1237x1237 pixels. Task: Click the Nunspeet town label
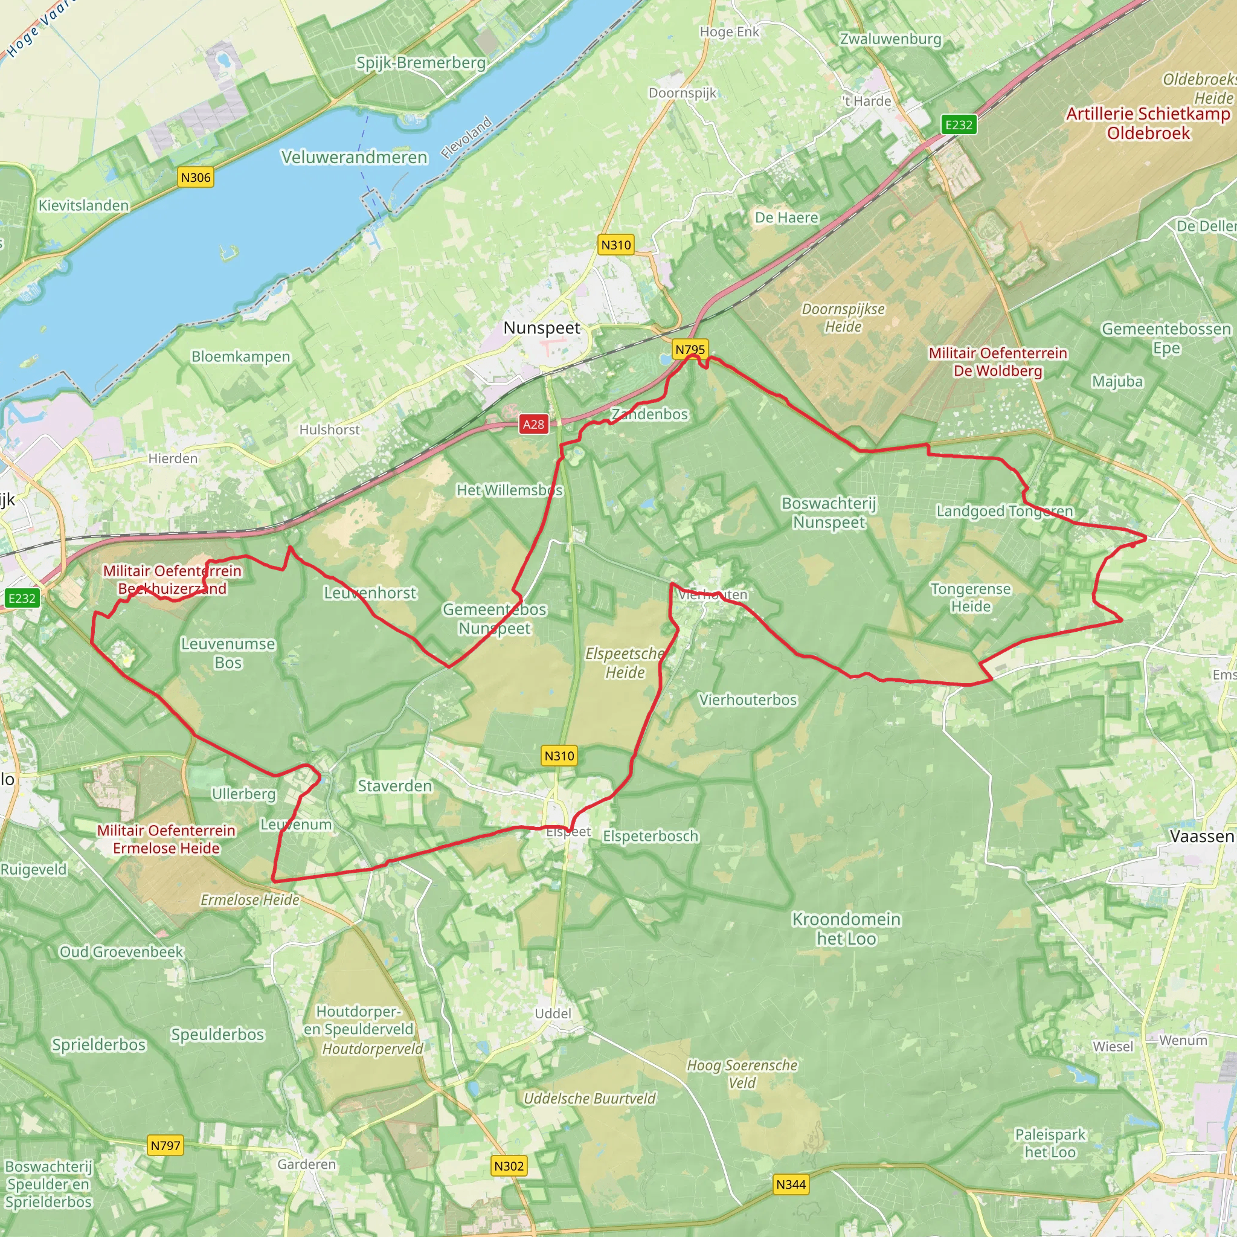tap(542, 328)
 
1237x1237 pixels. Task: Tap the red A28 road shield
tap(533, 424)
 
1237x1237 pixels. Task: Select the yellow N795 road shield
tap(690, 349)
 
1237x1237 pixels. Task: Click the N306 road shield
tap(195, 178)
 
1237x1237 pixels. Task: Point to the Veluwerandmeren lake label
tap(354, 158)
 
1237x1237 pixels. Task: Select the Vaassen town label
tap(1202, 836)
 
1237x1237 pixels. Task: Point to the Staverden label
tap(395, 786)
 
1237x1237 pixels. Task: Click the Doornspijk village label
tap(683, 94)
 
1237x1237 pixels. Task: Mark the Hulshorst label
tap(329, 429)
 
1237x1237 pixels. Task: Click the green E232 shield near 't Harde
tap(959, 124)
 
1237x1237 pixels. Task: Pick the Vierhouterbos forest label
tap(748, 700)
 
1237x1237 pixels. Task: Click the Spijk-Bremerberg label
tap(420, 63)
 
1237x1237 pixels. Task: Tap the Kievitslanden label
tap(83, 205)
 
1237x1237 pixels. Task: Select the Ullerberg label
tap(243, 794)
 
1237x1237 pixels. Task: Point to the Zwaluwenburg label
tap(891, 39)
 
